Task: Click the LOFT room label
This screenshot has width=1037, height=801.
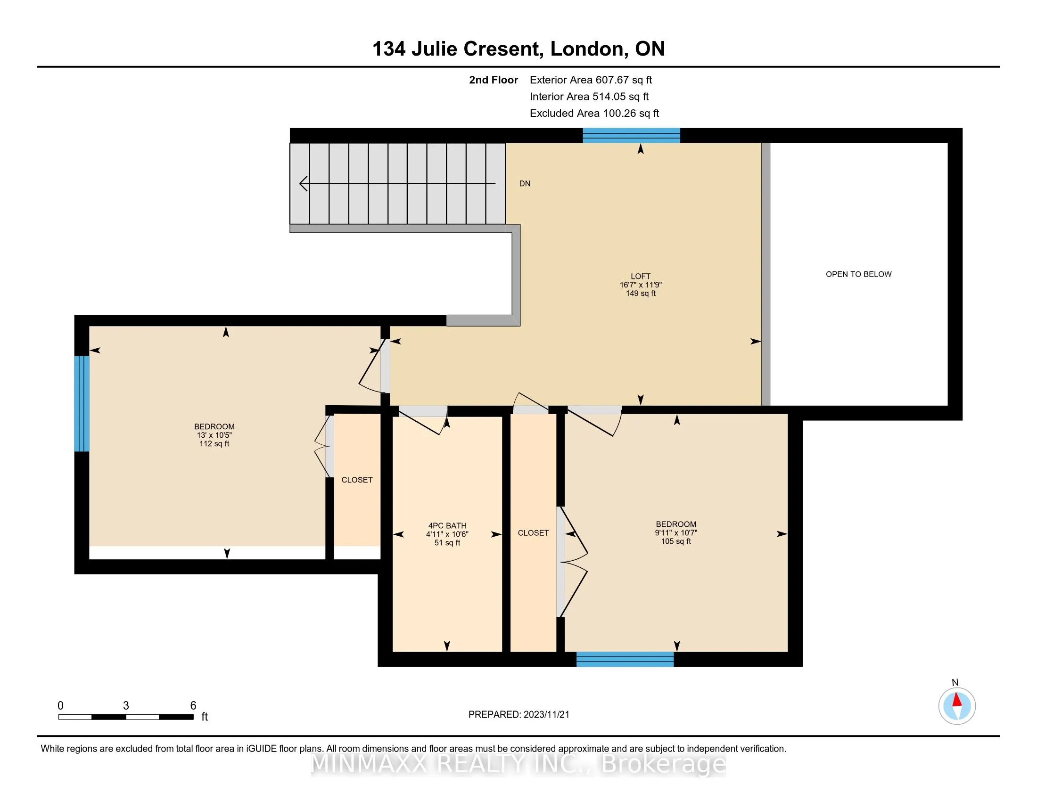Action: (641, 276)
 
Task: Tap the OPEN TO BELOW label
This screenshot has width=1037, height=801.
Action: (858, 274)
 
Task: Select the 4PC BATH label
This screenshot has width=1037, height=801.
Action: (447, 526)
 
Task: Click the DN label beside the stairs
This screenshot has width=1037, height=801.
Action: (525, 184)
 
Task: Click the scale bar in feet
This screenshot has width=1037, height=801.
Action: (126, 717)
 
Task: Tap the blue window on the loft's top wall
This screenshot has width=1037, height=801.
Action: (632, 136)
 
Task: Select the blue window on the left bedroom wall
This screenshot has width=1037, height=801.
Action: (82, 403)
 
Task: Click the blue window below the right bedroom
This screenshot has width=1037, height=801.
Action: (625, 660)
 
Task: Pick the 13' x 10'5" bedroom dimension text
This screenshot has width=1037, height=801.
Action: (214, 435)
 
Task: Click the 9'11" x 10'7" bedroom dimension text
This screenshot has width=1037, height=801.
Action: (676, 533)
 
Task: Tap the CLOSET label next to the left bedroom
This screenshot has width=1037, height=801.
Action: (357, 480)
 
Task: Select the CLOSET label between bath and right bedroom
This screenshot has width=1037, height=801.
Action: (533, 533)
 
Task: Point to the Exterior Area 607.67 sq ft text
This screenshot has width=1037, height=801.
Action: (591, 80)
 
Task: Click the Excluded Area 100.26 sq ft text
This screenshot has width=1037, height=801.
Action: (594, 114)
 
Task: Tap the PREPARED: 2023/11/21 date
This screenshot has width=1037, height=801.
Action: (518, 715)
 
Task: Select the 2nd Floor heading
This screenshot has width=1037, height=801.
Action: (494, 80)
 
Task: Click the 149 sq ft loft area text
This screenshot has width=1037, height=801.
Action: (641, 294)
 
